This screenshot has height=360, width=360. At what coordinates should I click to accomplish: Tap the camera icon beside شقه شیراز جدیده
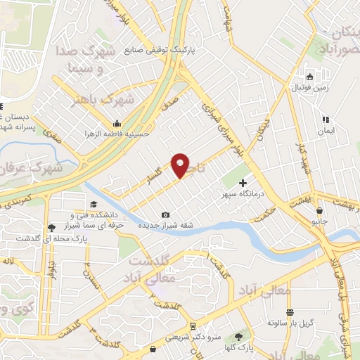(x=165, y=214)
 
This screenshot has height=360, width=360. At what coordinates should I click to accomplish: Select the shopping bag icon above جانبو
(x=319, y=210)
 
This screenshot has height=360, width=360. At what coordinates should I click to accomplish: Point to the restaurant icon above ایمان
(x=325, y=120)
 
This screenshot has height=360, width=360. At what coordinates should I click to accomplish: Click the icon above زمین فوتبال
(x=309, y=77)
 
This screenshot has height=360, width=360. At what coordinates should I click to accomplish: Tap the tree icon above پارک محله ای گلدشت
(x=51, y=227)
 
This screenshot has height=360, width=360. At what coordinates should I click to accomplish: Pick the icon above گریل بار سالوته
(x=289, y=312)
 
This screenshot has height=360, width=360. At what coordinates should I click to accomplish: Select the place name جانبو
(x=319, y=220)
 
